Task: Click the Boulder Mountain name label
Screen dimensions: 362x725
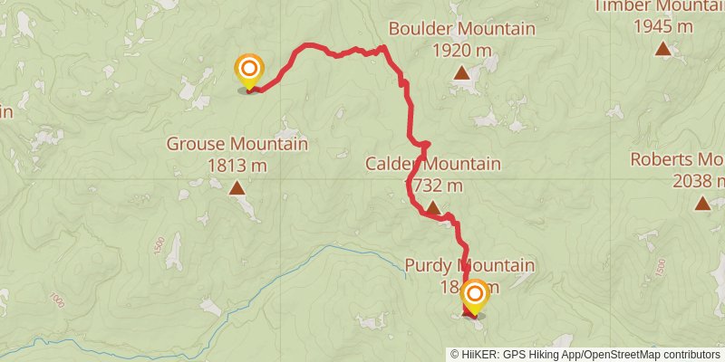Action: [x=461, y=29]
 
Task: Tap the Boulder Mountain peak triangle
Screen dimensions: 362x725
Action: [x=461, y=73]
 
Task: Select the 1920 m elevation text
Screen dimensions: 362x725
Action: [x=461, y=49]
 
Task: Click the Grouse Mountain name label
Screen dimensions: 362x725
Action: [x=237, y=144]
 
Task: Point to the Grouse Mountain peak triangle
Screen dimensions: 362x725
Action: [x=237, y=188]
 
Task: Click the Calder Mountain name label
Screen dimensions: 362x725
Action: [x=433, y=164]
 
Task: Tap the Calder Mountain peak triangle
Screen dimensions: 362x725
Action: [x=433, y=209]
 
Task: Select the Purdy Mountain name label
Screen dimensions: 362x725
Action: [x=469, y=266]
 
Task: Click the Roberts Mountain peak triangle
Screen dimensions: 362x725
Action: [x=702, y=203]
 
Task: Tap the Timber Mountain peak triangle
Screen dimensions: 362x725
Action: [x=663, y=49]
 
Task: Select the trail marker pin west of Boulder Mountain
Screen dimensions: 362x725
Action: [x=249, y=71]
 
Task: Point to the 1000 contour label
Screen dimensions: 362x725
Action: [x=59, y=300]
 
